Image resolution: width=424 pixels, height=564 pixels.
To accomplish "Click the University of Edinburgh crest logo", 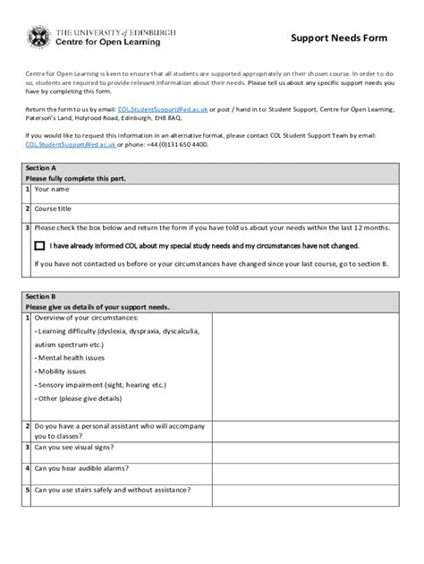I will [40, 38].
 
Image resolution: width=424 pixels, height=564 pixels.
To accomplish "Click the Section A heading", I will [41, 168].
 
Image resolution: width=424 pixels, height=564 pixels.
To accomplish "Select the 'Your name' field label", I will [51, 190].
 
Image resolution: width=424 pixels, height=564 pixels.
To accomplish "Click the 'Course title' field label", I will [53, 209].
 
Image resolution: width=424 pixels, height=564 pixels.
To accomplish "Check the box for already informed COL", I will [39, 245].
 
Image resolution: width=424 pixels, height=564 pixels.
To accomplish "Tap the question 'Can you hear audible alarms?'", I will [89, 467].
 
